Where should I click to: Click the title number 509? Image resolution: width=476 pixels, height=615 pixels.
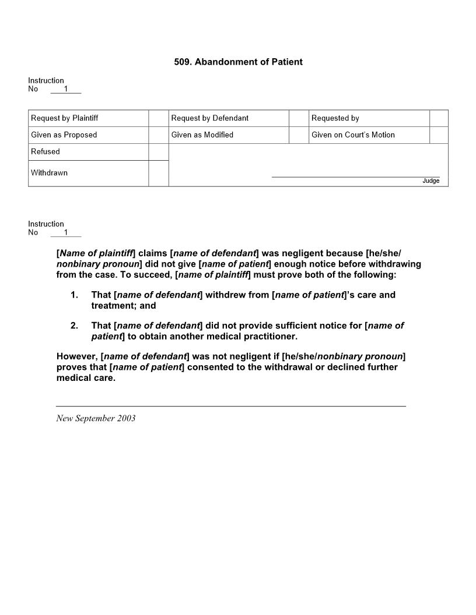coord(183,62)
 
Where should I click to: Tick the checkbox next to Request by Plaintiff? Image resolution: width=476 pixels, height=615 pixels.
coord(159,118)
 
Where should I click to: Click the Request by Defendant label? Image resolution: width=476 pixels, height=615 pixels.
coord(209,118)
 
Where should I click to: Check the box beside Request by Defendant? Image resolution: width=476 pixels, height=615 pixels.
coord(299,118)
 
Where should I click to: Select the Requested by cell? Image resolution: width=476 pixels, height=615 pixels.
coord(335,118)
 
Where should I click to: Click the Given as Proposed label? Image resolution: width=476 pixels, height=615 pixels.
coord(64,135)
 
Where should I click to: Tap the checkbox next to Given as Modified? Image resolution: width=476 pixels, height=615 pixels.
coord(299,135)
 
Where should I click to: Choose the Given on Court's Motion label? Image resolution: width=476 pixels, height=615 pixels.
coord(353,135)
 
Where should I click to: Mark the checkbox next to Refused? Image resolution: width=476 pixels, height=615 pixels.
coord(159,151)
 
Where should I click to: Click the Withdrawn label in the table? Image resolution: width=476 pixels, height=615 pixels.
coord(49,173)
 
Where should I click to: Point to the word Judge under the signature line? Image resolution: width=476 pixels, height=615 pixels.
coord(430,181)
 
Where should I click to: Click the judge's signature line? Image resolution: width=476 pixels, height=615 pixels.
coord(355,176)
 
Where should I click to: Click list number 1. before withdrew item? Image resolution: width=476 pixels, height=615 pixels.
coord(74,295)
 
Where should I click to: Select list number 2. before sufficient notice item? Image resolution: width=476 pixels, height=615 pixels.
coord(74,326)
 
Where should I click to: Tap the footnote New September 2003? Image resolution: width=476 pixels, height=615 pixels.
coord(96,418)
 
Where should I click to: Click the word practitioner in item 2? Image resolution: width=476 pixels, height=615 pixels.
coord(269,337)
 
